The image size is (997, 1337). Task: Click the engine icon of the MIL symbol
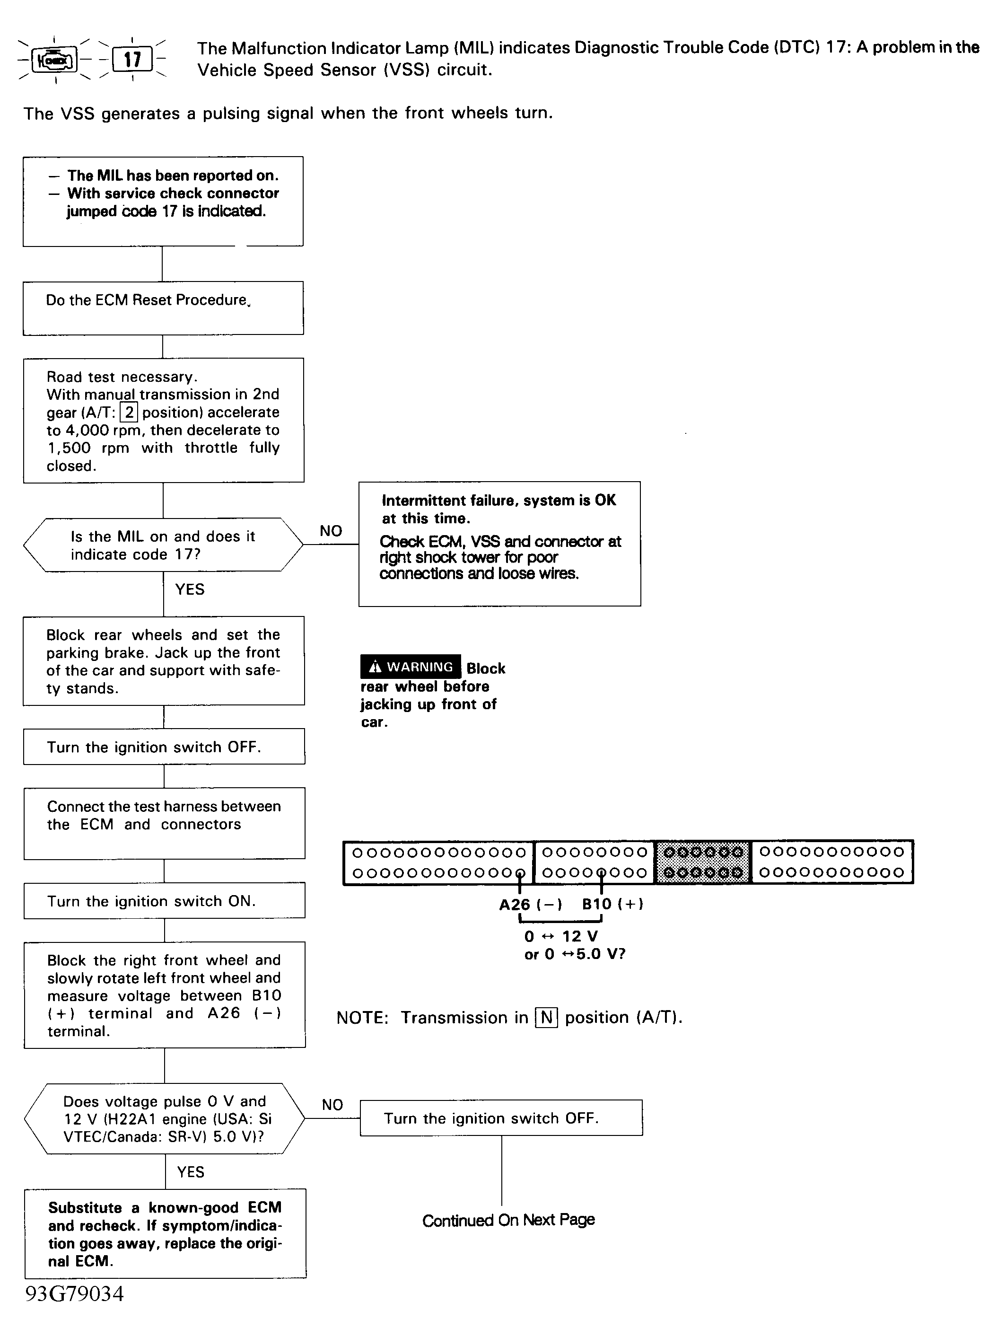(x=54, y=60)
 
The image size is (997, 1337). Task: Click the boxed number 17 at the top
(x=132, y=60)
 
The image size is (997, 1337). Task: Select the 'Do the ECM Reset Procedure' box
(x=163, y=308)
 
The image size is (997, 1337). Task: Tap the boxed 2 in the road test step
(x=129, y=412)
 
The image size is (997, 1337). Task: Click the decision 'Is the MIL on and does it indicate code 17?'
(x=163, y=545)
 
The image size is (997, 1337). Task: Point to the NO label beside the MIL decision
(x=331, y=531)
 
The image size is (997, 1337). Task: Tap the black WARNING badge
(x=411, y=667)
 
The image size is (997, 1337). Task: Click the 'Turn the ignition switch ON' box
(x=164, y=901)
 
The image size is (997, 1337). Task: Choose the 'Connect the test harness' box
(x=164, y=823)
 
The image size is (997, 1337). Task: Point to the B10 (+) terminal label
(x=612, y=904)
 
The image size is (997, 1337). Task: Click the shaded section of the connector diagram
(x=702, y=862)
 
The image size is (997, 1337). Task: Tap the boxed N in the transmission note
(x=546, y=1018)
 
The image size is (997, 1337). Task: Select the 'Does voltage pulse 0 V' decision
(x=164, y=1118)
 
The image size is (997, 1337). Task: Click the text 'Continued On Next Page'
(x=508, y=1220)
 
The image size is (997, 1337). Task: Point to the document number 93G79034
(x=74, y=1294)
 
